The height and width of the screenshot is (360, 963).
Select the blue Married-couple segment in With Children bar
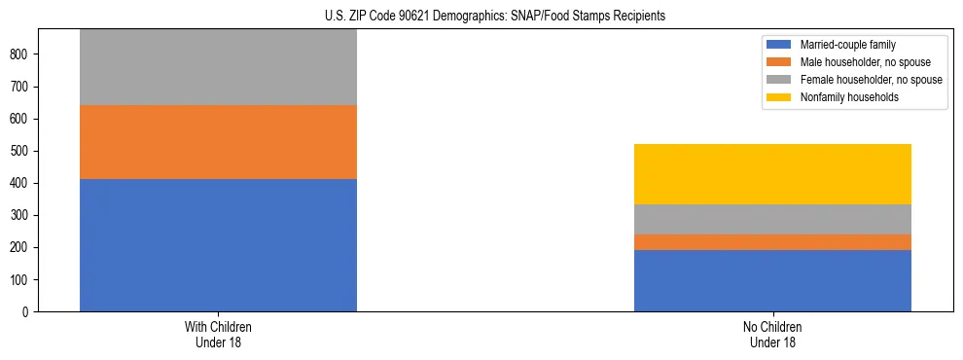coord(218,245)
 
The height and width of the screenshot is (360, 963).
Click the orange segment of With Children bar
coord(218,142)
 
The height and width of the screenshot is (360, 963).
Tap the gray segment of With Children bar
coord(218,67)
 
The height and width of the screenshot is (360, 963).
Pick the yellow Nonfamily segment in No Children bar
coord(772,174)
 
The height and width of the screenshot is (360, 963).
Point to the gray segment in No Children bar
coord(772,219)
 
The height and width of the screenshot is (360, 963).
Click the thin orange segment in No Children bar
coord(772,242)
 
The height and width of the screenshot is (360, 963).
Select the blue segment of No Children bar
coord(772,280)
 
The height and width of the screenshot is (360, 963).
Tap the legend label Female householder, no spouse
coord(871,80)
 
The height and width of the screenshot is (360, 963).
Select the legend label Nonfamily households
coord(843,97)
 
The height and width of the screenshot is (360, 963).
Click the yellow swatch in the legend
coord(779,97)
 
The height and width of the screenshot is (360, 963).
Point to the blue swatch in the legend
coord(779,45)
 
